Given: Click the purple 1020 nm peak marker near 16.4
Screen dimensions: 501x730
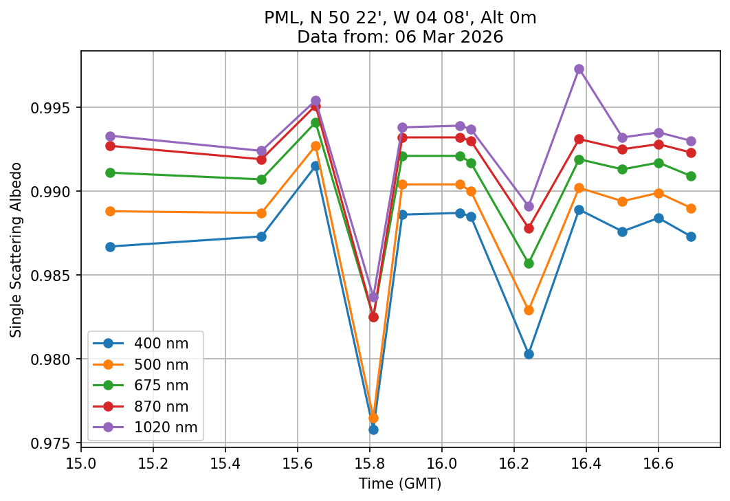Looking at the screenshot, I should tap(579, 69).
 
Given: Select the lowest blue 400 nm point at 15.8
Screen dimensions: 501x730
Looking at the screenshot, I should tap(373, 430).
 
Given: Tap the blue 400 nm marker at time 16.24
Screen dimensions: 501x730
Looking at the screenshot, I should tap(529, 354).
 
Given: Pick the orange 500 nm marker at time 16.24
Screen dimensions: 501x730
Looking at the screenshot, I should tap(529, 310).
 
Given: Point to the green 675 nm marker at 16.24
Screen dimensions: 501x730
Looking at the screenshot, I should tap(529, 263).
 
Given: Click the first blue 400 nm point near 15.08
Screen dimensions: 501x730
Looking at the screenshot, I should tap(110, 247).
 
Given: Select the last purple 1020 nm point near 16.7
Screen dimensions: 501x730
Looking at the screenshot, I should tap(691, 141).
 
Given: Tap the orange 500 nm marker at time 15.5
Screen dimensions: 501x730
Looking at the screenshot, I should tap(261, 213).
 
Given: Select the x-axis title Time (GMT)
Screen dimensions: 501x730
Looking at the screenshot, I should tap(400, 484).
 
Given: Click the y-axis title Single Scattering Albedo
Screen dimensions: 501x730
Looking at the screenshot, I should tap(16, 249).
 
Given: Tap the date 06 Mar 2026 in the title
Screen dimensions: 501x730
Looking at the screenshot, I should tap(433, 37).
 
